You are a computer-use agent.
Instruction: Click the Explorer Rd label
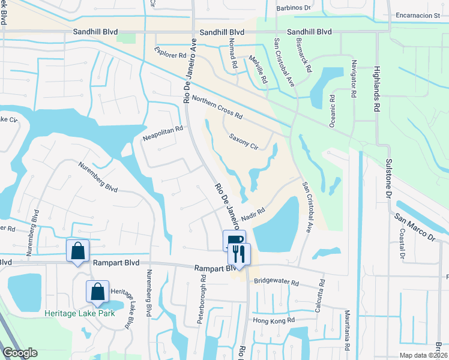coord(170,54)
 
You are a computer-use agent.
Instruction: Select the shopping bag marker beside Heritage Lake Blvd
coord(97,292)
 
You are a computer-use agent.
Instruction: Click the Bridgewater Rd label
coord(276,281)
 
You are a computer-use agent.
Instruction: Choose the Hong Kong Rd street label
coord(274,320)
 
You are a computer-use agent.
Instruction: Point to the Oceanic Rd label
coord(331,110)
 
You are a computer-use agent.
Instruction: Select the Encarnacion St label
coord(418,16)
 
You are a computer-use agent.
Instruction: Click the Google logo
coord(20,353)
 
